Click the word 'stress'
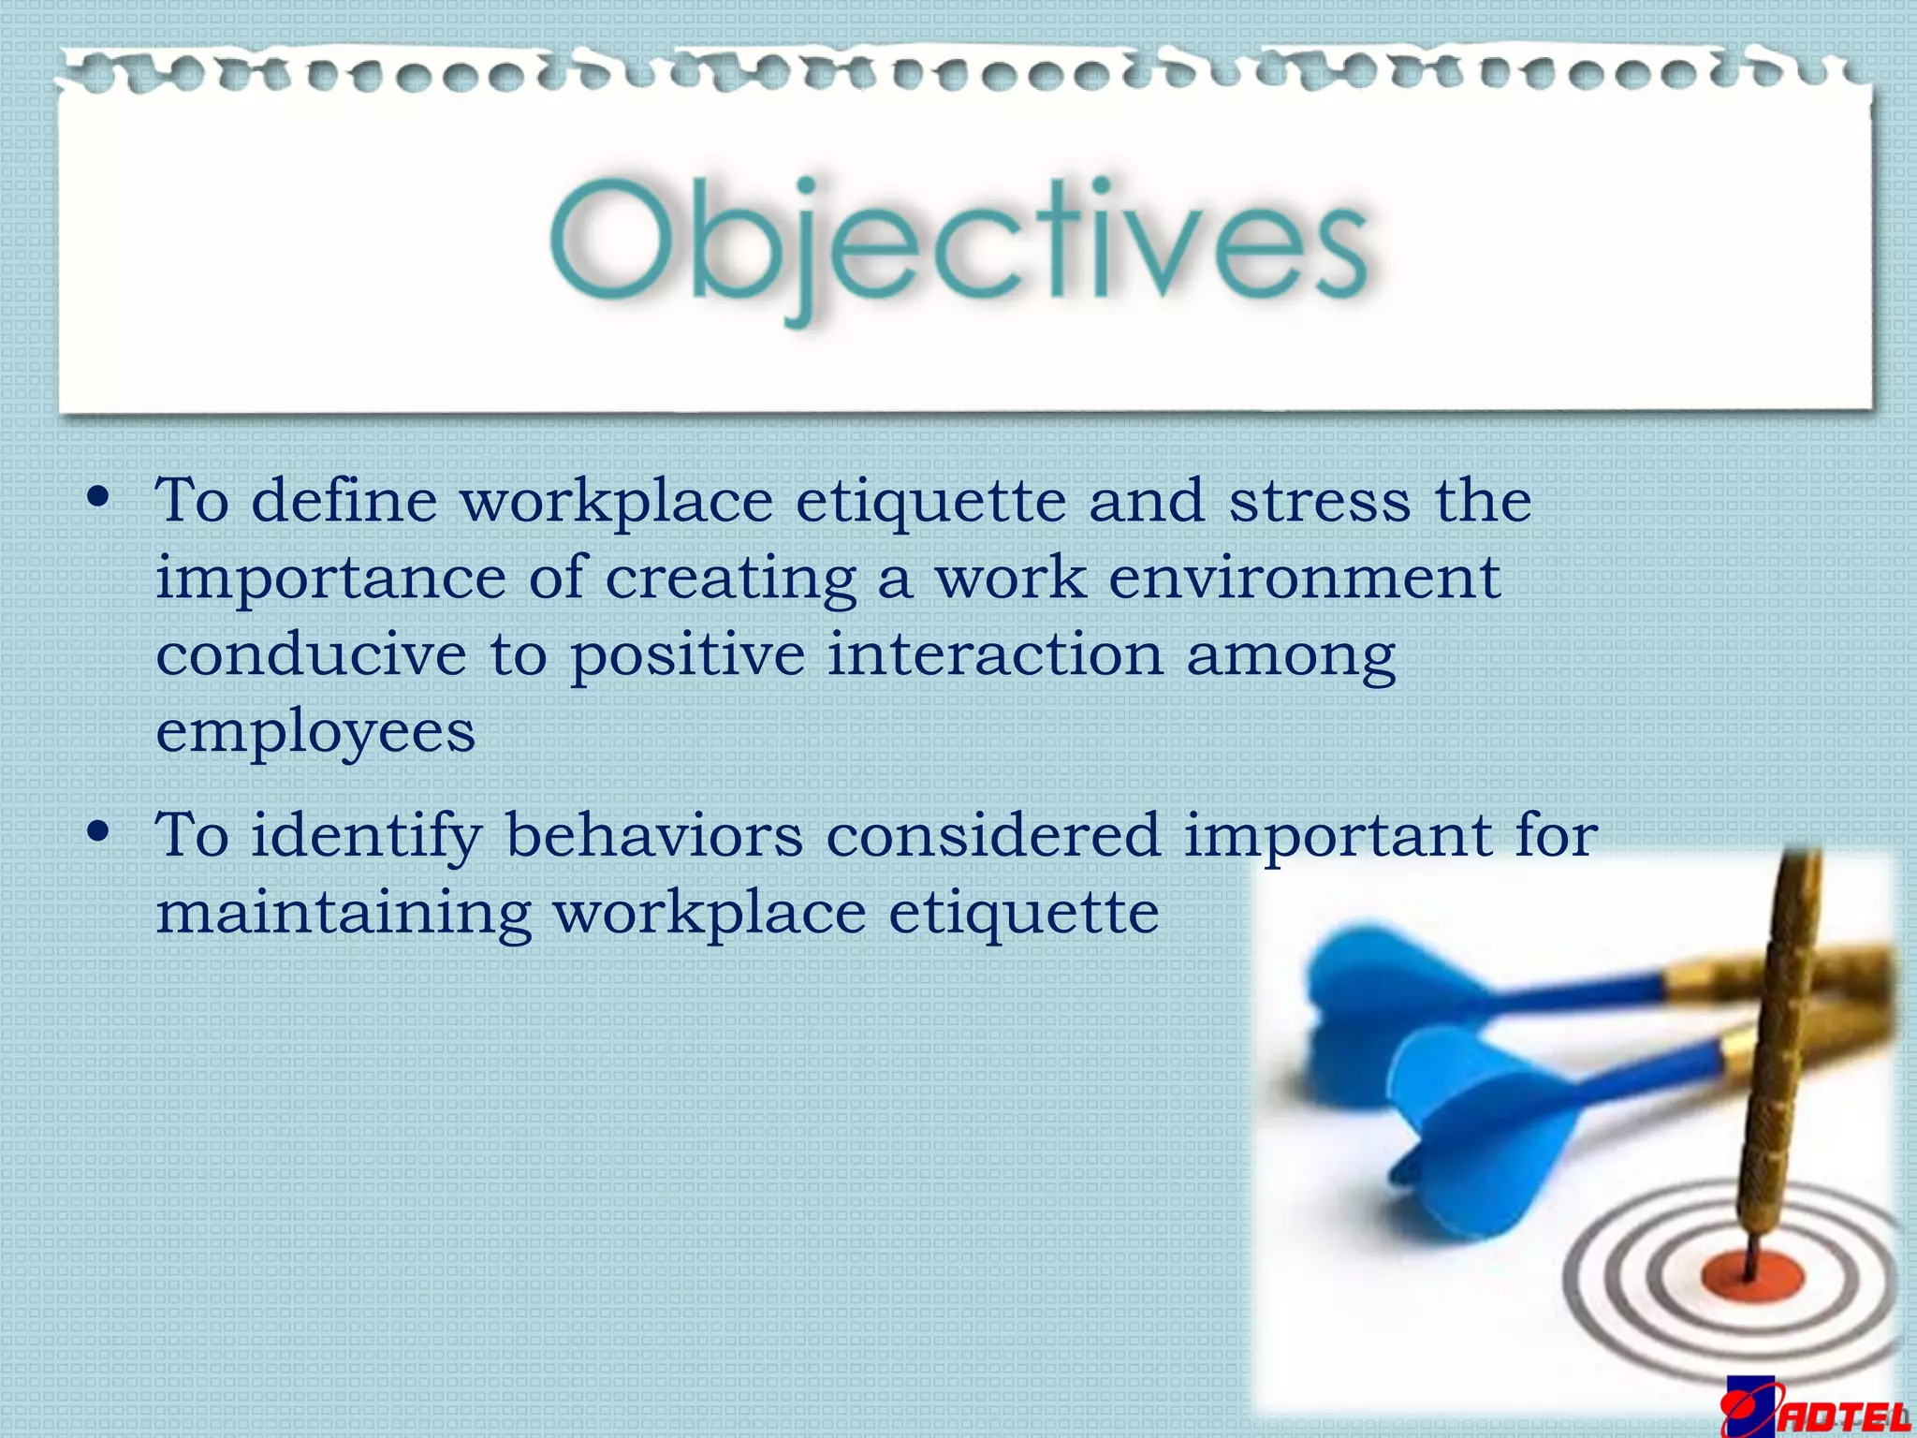coord(1319,501)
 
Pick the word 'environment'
coord(1304,578)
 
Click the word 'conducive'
coord(311,654)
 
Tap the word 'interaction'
coord(995,654)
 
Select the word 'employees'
coord(315,733)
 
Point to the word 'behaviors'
coord(654,835)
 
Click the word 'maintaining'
coord(344,914)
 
